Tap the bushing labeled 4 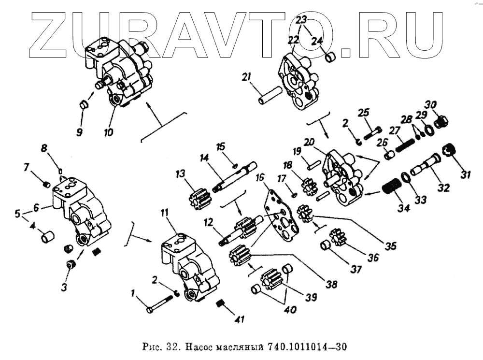(47, 238)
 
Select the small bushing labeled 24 (330, 58)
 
